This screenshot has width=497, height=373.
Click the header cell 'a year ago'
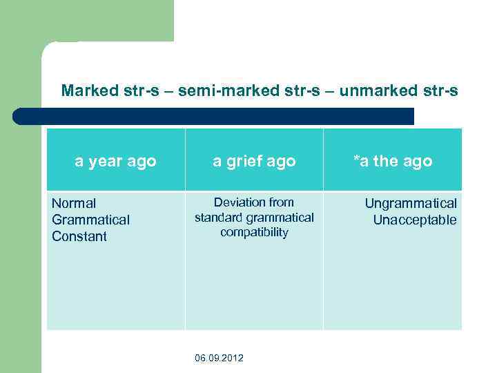[x=115, y=162]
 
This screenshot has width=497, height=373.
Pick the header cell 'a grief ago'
[x=254, y=162]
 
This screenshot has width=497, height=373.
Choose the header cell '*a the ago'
[x=393, y=162]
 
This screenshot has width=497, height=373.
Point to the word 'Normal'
[x=74, y=204]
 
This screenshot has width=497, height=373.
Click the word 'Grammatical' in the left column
[x=90, y=220]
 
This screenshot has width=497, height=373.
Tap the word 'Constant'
[x=79, y=237]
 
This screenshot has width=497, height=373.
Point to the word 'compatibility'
[x=254, y=233]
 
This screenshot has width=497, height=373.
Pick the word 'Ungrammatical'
[x=411, y=204]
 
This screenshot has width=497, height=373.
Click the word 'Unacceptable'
[x=415, y=220]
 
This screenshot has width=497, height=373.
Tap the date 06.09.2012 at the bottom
[x=219, y=358]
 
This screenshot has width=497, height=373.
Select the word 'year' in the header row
[x=106, y=162]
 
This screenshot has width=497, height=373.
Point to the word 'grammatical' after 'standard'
[x=280, y=218]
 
